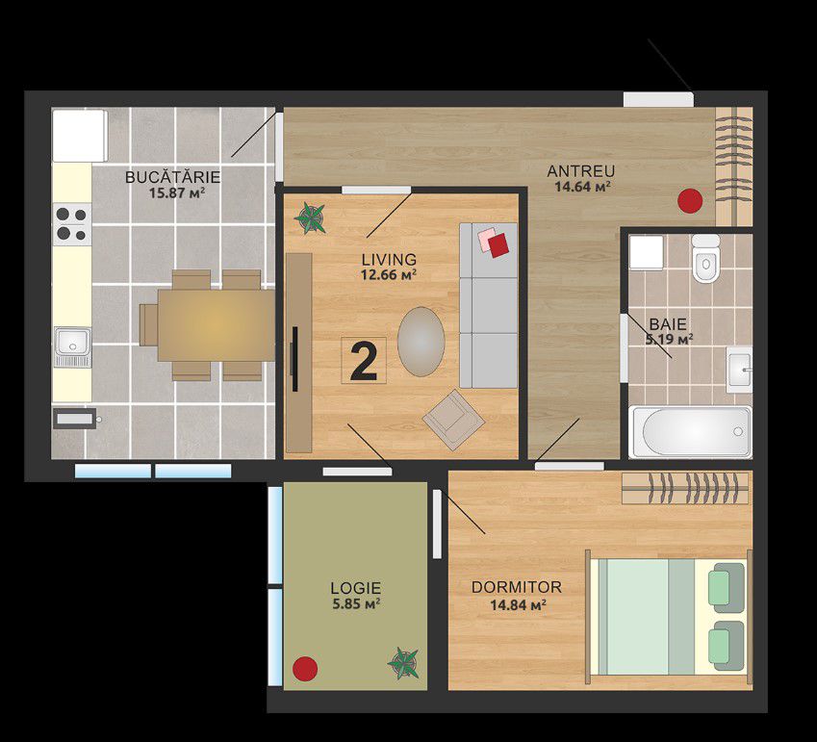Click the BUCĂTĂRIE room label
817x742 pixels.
point(173,177)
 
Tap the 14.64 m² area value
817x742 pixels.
point(582,187)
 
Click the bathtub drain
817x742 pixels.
point(738,431)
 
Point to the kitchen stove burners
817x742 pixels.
point(72,224)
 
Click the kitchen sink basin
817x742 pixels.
point(72,342)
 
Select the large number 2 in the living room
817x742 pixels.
point(364,362)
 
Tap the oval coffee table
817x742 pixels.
point(421,342)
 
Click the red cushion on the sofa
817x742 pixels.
point(498,244)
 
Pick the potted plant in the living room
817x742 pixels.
point(310,217)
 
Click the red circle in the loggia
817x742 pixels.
point(305,669)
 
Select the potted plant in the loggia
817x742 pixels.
point(403,663)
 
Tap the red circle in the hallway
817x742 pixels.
point(690,200)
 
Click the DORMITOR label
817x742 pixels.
point(517,587)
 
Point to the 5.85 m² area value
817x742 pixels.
point(356,604)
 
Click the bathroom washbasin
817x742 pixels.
point(739,370)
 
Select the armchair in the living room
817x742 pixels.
point(454,420)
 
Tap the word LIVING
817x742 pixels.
point(389,259)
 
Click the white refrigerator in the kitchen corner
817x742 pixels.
point(80,136)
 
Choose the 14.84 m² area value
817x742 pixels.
point(518,605)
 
